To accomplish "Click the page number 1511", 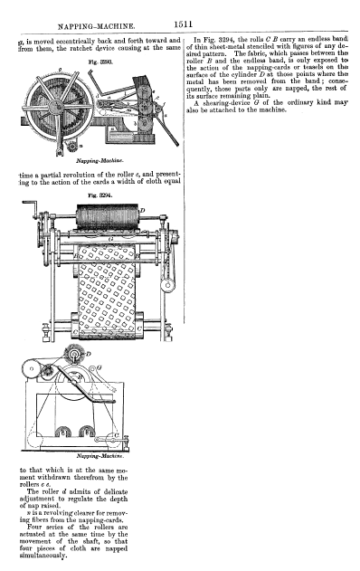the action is click(x=183, y=24).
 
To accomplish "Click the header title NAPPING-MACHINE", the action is click(x=97, y=26).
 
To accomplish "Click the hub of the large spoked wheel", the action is click(x=56, y=107).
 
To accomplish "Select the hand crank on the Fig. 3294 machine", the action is click(x=31, y=208).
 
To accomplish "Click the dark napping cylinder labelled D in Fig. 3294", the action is click(x=107, y=216).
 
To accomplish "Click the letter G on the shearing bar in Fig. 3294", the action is click(x=111, y=239).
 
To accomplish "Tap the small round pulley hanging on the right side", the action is click(x=167, y=285).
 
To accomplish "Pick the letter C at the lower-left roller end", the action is click(x=75, y=332).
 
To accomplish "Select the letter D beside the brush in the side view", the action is click(x=88, y=353).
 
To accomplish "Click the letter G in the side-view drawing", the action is click(x=99, y=367).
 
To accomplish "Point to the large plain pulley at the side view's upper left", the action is click(x=32, y=368).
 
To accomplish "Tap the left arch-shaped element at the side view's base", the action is click(x=63, y=431).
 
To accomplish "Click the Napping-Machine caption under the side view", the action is click(x=100, y=456).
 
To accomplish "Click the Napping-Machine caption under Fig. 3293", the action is click(x=99, y=160).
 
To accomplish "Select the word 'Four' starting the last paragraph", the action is click(x=34, y=527).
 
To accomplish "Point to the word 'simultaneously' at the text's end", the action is click(x=43, y=556).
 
